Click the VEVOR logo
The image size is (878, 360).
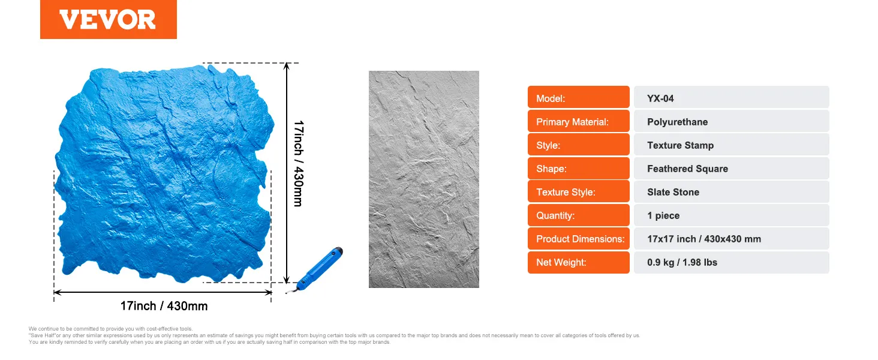[108, 19]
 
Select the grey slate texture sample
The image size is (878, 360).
[424, 179]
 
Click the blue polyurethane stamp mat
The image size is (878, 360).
[164, 173]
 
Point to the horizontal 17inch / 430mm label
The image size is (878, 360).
[164, 306]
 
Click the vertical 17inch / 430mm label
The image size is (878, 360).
[299, 164]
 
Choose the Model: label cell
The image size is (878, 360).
[578, 97]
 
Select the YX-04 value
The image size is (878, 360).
[660, 98]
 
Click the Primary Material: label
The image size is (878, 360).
[572, 122]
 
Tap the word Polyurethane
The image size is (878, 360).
[677, 122]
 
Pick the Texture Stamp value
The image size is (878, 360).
[680, 145]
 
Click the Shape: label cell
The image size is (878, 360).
[578, 168]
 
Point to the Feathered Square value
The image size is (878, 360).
[687, 169]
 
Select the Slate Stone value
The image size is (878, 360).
[673, 192]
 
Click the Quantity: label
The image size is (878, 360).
[555, 215]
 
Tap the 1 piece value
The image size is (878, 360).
[663, 215]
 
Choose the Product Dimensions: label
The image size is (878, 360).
[580, 239]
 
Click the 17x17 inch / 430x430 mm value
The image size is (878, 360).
[704, 239]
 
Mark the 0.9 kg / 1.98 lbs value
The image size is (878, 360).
[682, 262]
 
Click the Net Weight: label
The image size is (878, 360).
[561, 262]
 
